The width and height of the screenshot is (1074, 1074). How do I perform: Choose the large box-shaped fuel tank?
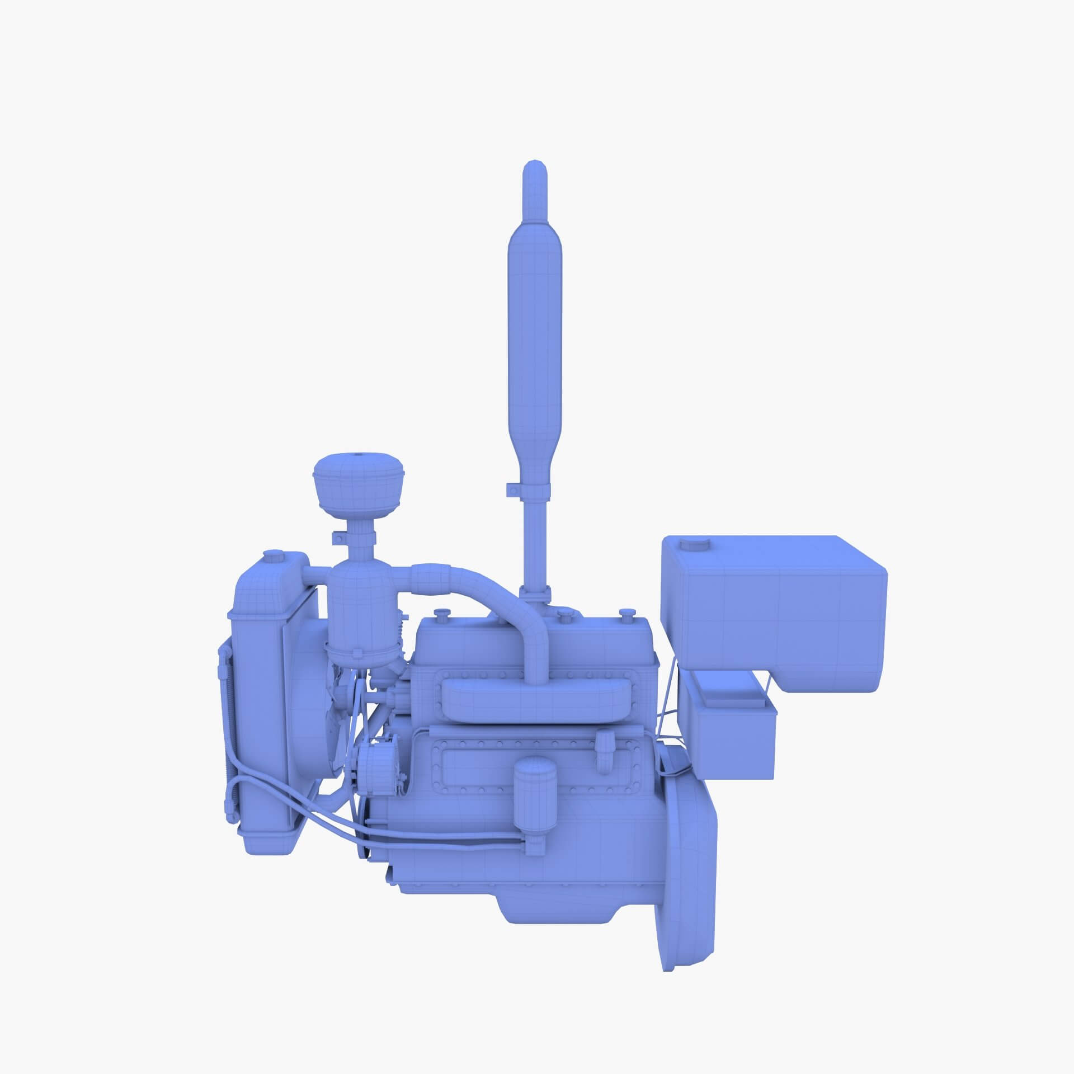[772, 604]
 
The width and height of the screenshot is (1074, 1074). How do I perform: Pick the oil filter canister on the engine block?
[536, 794]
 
